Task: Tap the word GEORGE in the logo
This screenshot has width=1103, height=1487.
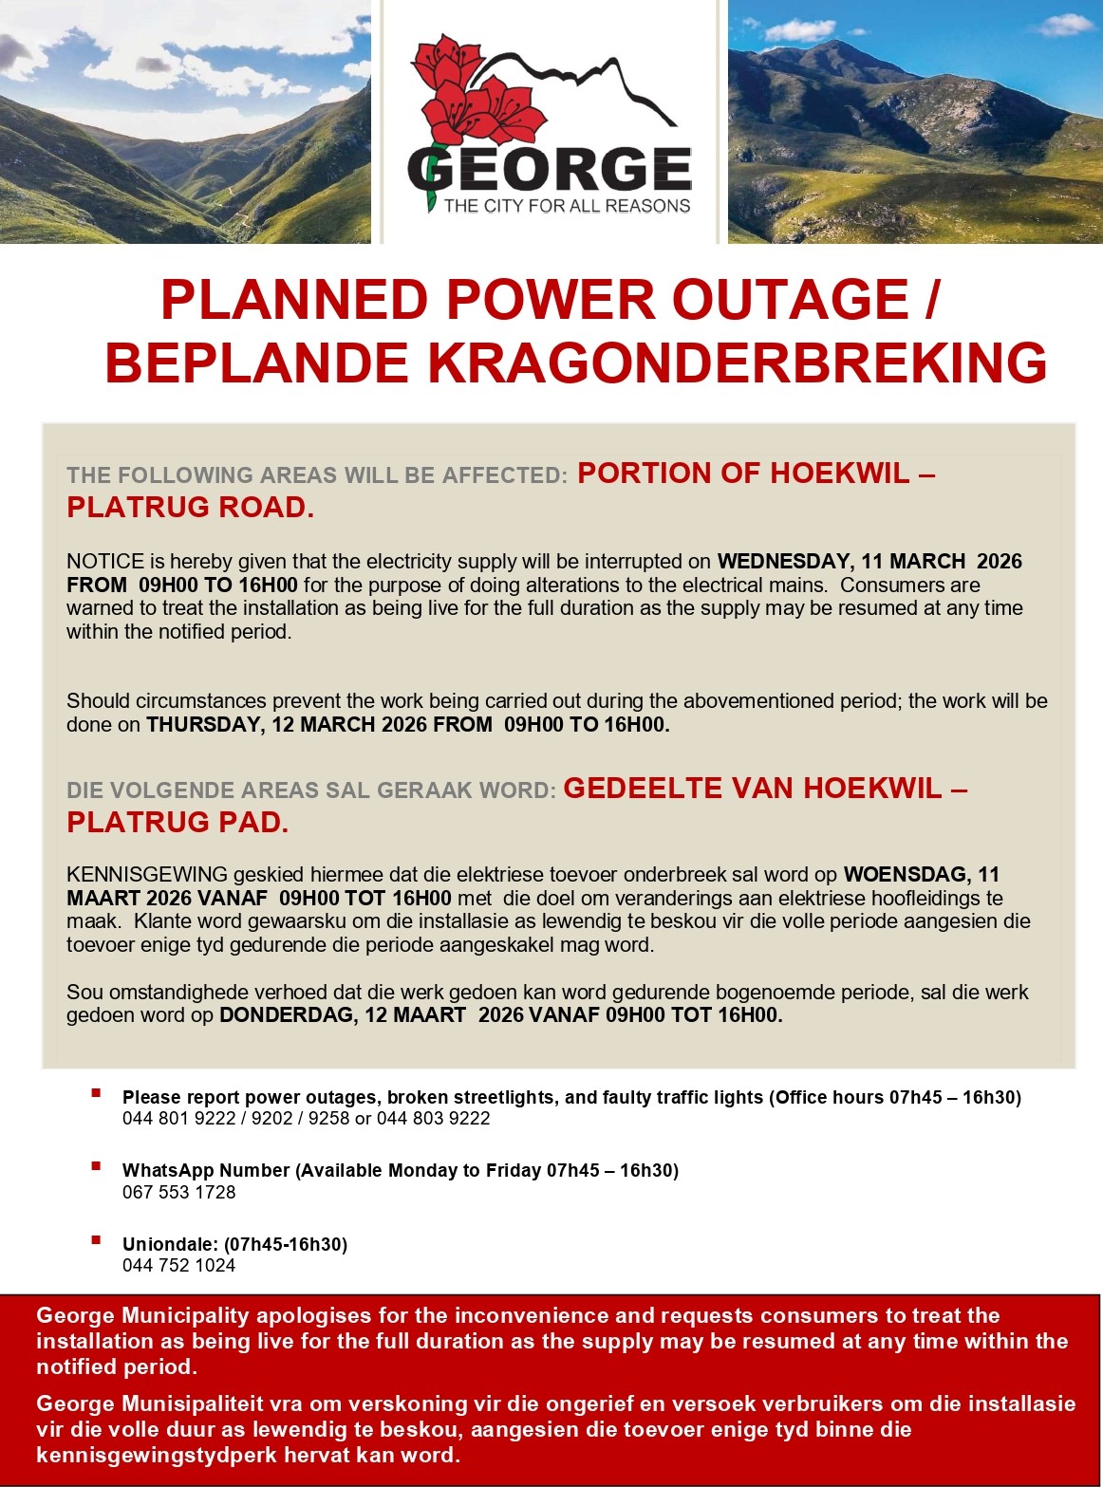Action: pyautogui.click(x=551, y=169)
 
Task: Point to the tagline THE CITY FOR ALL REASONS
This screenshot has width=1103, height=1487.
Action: pyautogui.click(x=567, y=206)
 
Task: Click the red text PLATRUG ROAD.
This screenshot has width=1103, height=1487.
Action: pyautogui.click(x=190, y=508)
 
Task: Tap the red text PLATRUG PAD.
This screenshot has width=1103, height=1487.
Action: pyautogui.click(x=178, y=822)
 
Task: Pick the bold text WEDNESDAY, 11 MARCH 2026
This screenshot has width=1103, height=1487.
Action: pyautogui.click(x=869, y=561)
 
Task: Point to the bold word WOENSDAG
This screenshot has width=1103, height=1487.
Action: pyautogui.click(x=906, y=874)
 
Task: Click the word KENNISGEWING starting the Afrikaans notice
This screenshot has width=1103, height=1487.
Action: pyautogui.click(x=147, y=874)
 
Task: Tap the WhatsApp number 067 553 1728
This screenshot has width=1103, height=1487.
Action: pyautogui.click(x=178, y=1192)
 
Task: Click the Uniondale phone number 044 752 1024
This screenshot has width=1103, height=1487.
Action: pyautogui.click(x=178, y=1265)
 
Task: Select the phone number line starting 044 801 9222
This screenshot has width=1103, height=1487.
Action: pyautogui.click(x=306, y=1118)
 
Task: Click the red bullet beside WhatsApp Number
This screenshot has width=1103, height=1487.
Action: pyautogui.click(x=96, y=1166)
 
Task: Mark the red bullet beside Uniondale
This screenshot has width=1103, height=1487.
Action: pyautogui.click(x=96, y=1239)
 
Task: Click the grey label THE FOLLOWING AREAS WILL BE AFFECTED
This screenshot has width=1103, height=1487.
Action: pyautogui.click(x=316, y=475)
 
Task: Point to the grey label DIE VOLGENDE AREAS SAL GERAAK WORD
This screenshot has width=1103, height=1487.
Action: pyautogui.click(x=310, y=790)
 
